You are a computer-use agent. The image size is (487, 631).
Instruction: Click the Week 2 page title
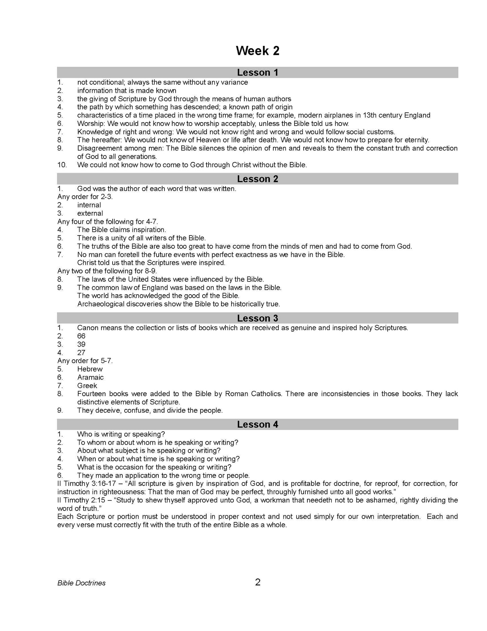pyautogui.click(x=257, y=51)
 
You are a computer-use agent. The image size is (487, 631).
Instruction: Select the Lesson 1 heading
pyautogui.click(x=257, y=73)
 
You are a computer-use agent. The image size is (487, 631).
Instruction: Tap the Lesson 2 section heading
pyautogui.click(x=257, y=179)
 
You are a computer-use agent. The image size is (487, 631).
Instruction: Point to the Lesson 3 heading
pyautogui.click(x=257, y=318)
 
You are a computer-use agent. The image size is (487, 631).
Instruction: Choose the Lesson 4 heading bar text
pyautogui.click(x=257, y=424)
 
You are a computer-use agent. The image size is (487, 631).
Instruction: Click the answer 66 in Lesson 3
pyautogui.click(x=81, y=336)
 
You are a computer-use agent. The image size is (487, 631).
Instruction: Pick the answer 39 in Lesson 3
pyautogui.click(x=81, y=345)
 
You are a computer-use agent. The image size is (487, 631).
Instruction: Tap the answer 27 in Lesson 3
pyautogui.click(x=81, y=353)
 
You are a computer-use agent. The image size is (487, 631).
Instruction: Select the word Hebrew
pyautogui.click(x=90, y=369)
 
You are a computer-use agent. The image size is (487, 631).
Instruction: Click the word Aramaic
pyautogui.click(x=90, y=377)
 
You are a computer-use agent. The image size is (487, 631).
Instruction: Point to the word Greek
pyautogui.click(x=87, y=386)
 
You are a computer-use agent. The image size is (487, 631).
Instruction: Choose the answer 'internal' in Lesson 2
pyautogui.click(x=89, y=205)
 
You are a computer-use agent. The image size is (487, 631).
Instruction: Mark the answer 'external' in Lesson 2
pyautogui.click(x=90, y=213)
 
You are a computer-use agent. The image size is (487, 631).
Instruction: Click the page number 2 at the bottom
pyautogui.click(x=258, y=582)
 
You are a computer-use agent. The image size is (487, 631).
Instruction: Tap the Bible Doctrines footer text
pyautogui.click(x=81, y=583)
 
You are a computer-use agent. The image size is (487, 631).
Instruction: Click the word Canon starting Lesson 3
pyautogui.click(x=87, y=328)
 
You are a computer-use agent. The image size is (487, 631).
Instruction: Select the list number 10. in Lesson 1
pyautogui.click(x=62, y=165)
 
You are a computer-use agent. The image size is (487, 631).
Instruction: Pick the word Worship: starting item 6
pyautogui.click(x=91, y=124)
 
